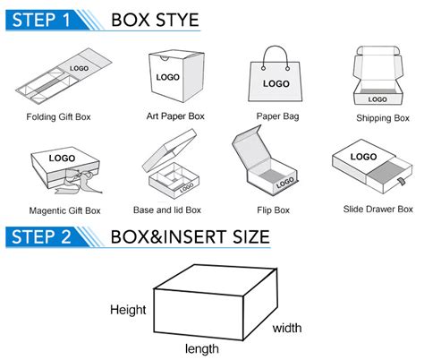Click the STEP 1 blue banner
[45, 19]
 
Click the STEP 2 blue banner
[45, 237]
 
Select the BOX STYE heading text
[155, 19]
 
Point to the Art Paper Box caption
[176, 116]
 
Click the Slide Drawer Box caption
[378, 210]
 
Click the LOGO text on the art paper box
[167, 77]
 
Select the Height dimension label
[128, 309]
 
